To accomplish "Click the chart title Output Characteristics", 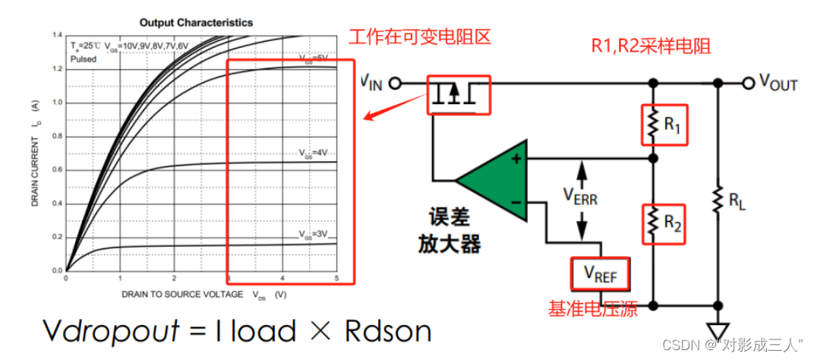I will point(196,23).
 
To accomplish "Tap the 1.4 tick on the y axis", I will point(58,36).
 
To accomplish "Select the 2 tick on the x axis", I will point(174,278).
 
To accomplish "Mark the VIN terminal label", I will point(371,82).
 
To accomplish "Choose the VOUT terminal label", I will point(778,83).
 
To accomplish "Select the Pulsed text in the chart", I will point(83,58).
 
